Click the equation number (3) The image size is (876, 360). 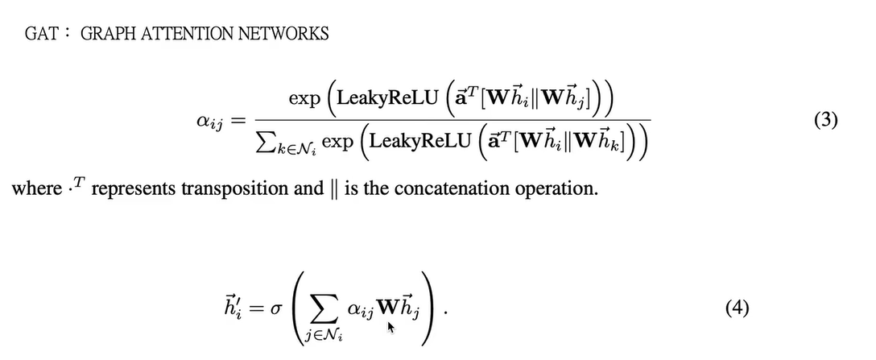(826, 121)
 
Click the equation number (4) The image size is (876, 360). (737, 308)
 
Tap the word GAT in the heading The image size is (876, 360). (41, 34)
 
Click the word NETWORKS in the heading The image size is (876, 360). (283, 34)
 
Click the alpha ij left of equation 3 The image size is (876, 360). (209, 122)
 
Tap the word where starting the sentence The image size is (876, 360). (37, 188)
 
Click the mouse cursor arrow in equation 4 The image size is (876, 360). (390, 327)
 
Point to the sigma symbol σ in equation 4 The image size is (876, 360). (276, 309)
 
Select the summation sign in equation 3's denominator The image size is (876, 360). (267, 142)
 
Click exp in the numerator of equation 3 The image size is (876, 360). (304, 100)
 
